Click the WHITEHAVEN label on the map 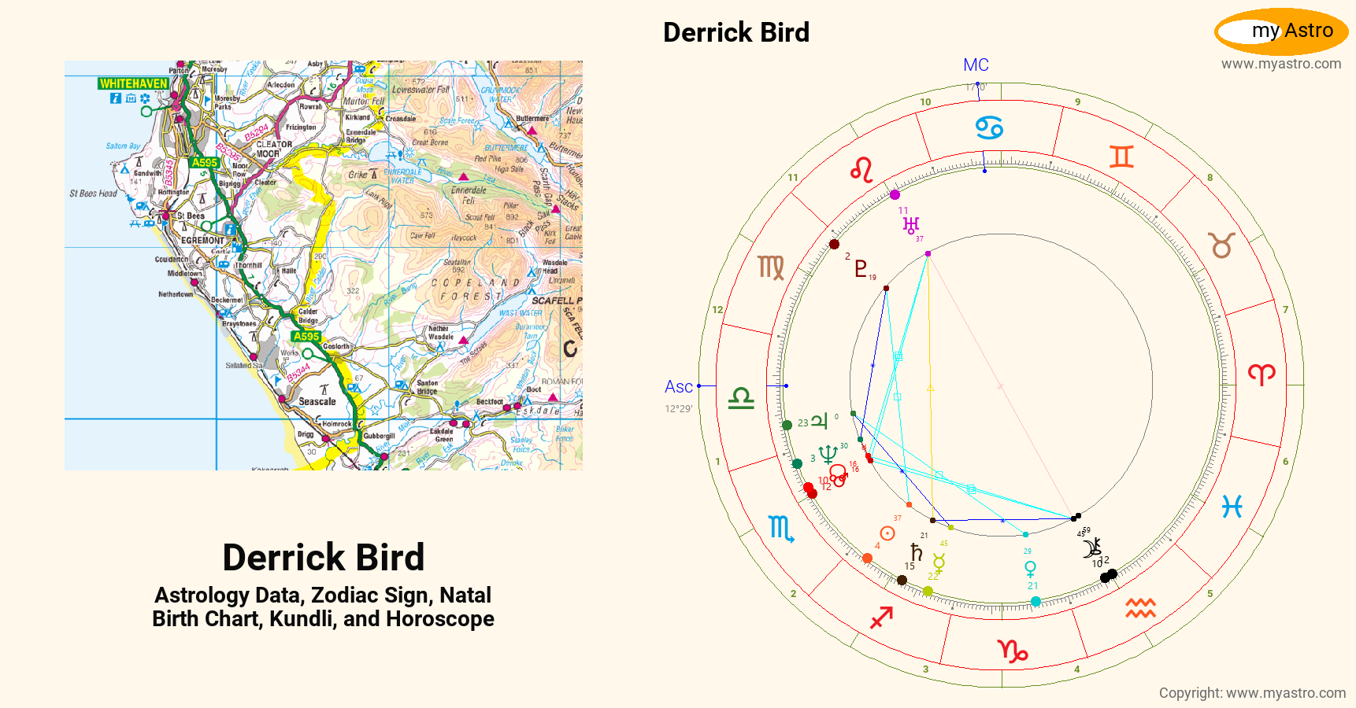134,83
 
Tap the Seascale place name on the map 317,401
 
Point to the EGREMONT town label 202,241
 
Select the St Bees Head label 93,194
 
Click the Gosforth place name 336,346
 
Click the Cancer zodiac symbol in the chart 989,127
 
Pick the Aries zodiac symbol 1261,374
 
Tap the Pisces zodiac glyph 1232,507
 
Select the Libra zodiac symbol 741,398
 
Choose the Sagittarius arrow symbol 881,618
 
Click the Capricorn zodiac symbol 1013,651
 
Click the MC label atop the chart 976,65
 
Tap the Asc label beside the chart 678,386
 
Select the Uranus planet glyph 911,226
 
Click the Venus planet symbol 1030,568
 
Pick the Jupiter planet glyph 820,421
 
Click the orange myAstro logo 1281,31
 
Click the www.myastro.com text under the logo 1281,64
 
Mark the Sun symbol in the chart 887,533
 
